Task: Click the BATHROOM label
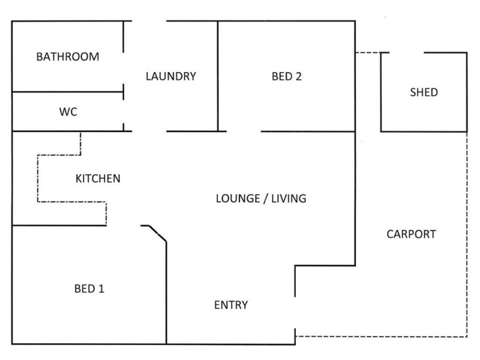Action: coord(68,56)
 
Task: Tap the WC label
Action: coord(68,112)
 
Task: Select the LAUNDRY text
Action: coord(171,76)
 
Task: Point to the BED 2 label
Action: coord(287,76)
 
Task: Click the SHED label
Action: coord(424,92)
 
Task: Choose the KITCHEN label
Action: coord(98,178)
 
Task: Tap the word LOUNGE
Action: coord(238,199)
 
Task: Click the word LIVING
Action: coord(289,199)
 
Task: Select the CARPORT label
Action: coord(411,234)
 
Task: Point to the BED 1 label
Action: coord(89,289)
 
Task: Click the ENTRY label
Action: coord(231,305)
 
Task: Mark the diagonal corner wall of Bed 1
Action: coord(158,233)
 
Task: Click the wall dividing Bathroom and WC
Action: coord(68,92)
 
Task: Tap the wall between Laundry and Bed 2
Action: coord(218,76)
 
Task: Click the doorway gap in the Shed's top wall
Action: coord(407,53)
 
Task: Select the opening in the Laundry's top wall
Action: coord(149,21)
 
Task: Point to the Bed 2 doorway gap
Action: coord(244,131)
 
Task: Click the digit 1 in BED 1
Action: coord(101,289)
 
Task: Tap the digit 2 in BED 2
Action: coord(298,76)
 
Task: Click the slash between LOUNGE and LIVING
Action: coord(266,199)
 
